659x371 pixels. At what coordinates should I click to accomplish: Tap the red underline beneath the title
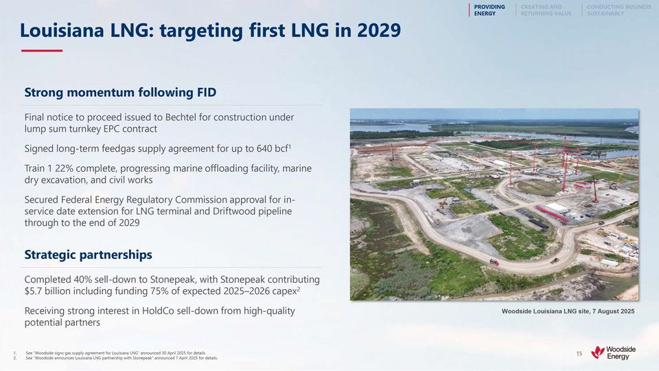[42, 50]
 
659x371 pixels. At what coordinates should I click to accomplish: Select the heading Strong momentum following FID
[120, 92]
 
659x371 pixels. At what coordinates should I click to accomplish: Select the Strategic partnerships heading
[89, 254]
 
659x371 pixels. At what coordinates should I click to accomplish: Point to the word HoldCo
[158, 311]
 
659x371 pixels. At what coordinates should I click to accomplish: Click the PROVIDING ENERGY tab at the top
[489, 10]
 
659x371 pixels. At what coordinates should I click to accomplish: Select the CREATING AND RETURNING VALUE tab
[546, 10]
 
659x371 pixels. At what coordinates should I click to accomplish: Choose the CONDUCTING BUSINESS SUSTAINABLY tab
[618, 10]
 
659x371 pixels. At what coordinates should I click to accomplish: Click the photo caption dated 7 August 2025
[568, 311]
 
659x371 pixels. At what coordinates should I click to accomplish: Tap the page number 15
[579, 353]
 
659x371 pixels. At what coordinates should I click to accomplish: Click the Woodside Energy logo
[613, 352]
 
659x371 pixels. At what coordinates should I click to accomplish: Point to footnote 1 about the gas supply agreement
[115, 353]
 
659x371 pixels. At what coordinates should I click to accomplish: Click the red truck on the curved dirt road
[494, 262]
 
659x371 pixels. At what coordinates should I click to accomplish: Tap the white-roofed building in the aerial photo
[557, 207]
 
